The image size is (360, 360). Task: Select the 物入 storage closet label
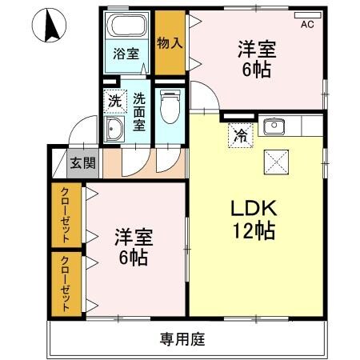point(168,42)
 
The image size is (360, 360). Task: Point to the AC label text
point(307,25)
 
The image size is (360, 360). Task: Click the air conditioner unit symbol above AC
point(307,14)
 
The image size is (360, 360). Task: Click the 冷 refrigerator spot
point(238,134)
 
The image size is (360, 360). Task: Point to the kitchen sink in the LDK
point(275,125)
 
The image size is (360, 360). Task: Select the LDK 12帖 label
point(254,219)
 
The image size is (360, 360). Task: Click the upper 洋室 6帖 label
point(256,58)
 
